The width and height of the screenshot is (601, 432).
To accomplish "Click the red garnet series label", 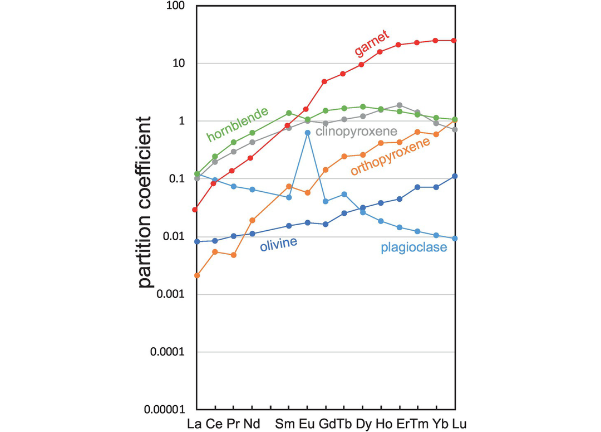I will pos(376,44).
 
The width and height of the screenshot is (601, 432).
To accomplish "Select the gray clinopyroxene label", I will pos(356,132).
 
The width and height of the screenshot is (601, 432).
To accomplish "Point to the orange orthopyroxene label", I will pos(391,156).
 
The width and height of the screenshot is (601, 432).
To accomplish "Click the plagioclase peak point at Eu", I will pos(307,133).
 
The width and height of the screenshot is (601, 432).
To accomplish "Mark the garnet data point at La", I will pos(195,210).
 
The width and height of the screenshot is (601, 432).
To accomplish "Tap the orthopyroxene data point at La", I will pos(197,275).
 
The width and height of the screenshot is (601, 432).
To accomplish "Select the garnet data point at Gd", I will pos(325,81).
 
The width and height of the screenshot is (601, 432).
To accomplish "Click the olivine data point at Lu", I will pos(455,176).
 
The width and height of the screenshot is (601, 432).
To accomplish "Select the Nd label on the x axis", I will pos(252,422).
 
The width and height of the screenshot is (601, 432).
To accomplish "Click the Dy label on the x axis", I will pos(362,422).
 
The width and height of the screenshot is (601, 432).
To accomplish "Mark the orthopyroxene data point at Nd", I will pos(252,220).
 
